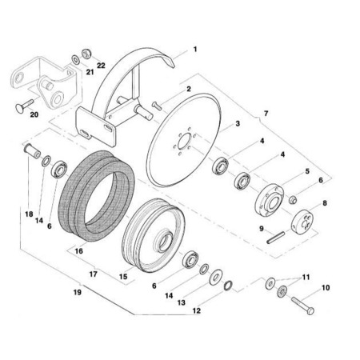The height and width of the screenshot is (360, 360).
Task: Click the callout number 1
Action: click(195, 50)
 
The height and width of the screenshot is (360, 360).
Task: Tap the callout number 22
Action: click(101, 66)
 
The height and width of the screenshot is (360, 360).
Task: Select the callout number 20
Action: click(34, 114)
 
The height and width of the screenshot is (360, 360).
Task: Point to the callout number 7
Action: click(266, 114)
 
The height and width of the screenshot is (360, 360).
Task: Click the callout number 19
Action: click(78, 292)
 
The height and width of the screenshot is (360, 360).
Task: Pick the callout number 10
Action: click(326, 288)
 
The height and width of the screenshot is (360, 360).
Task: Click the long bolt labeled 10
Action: click(303, 306)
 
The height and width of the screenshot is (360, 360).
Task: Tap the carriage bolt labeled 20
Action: click(25, 105)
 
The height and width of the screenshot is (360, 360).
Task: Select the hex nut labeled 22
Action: click(86, 54)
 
